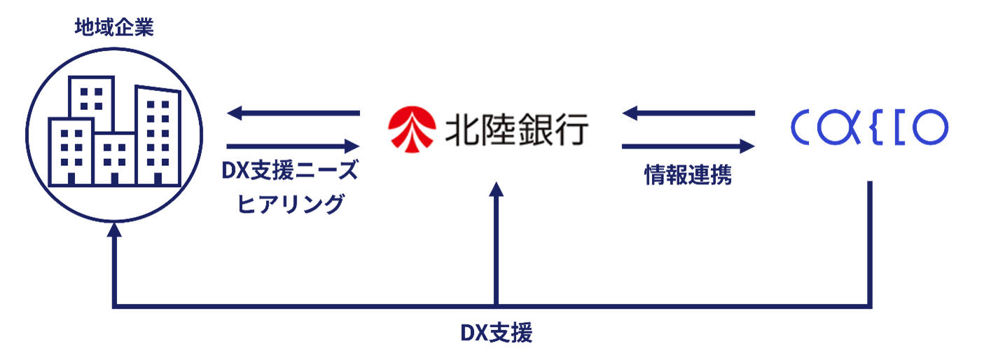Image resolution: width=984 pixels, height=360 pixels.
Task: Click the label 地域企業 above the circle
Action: click(114, 29)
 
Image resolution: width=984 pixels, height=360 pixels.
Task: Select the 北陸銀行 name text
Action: click(517, 130)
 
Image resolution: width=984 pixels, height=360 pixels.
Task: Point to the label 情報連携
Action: click(688, 176)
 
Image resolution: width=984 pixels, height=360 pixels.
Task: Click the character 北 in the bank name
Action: click(462, 130)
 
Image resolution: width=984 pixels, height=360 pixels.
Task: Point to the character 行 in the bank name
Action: click(571, 130)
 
